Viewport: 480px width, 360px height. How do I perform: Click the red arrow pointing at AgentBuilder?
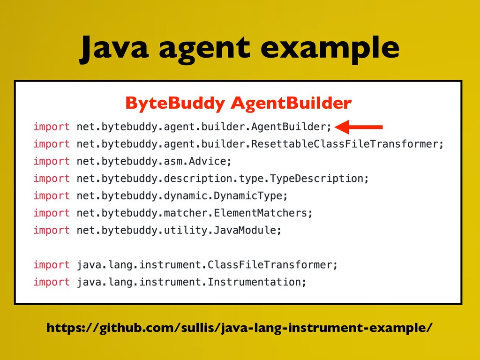[359, 127]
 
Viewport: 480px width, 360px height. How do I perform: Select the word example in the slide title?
[330, 49]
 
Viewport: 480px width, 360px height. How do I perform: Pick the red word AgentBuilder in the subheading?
[291, 103]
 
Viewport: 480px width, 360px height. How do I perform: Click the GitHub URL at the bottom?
[240, 328]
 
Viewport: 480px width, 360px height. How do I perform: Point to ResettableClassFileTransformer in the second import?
[345, 143]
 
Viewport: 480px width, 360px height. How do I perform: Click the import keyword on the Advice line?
[52, 161]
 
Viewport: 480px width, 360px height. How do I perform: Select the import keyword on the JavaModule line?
[52, 230]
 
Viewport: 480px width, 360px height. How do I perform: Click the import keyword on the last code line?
[52, 282]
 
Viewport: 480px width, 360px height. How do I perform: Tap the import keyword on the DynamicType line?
[52, 196]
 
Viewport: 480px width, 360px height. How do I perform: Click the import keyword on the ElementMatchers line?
[52, 213]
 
